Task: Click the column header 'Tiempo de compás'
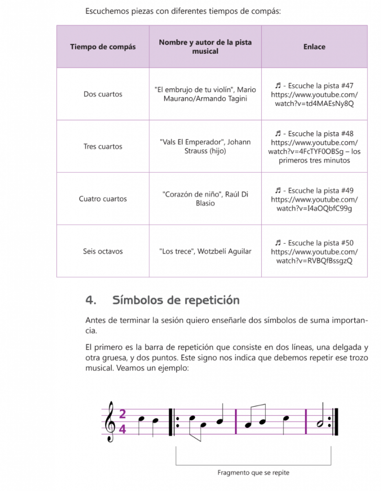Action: (x=103, y=47)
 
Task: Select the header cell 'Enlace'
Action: (x=314, y=47)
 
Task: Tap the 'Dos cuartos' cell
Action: (x=103, y=94)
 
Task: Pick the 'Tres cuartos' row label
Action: (x=103, y=146)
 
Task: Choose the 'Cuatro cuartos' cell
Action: (x=103, y=199)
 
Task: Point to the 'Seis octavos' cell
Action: (x=103, y=251)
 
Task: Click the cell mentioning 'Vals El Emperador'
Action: (x=205, y=146)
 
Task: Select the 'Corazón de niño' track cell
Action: (x=205, y=199)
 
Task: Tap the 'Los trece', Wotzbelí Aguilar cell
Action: (x=205, y=251)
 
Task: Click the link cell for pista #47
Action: (x=314, y=94)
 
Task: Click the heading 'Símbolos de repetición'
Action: (x=176, y=300)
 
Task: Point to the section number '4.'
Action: (x=91, y=300)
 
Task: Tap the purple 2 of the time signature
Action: (x=123, y=414)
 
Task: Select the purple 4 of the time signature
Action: (x=123, y=429)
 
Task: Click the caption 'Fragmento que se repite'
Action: (x=253, y=473)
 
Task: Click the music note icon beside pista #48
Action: (x=278, y=134)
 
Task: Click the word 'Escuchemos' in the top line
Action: (x=107, y=11)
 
